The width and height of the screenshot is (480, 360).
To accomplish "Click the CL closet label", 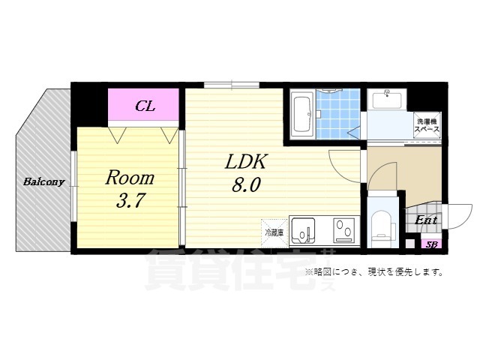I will pos(145,106).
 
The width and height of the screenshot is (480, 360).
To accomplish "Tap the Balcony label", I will pos(43,181).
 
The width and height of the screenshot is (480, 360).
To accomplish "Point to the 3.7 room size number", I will pos(129,201).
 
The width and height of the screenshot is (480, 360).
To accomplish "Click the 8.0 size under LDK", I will pos(246,185).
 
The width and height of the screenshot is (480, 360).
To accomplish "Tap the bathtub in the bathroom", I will pos(302,114).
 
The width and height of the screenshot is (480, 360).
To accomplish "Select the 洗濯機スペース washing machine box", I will pos(427,124).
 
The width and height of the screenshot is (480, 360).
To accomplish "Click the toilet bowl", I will pos(382,223).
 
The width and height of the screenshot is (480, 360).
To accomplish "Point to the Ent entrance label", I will pos(425,220).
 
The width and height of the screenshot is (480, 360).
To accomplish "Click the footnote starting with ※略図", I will pos(373,271).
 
